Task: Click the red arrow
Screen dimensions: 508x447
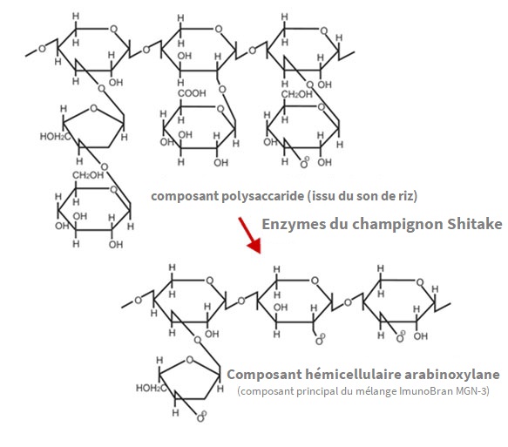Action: (x=250, y=235)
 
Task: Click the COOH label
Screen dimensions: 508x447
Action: (x=192, y=93)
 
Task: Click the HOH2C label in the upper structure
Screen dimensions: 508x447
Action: (x=55, y=137)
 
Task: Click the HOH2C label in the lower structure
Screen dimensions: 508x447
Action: (x=151, y=388)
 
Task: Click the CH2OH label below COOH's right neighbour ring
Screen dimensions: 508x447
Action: (x=296, y=94)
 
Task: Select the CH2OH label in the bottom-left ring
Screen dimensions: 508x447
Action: (x=88, y=175)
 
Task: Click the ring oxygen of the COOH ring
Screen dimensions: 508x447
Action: (x=220, y=109)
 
